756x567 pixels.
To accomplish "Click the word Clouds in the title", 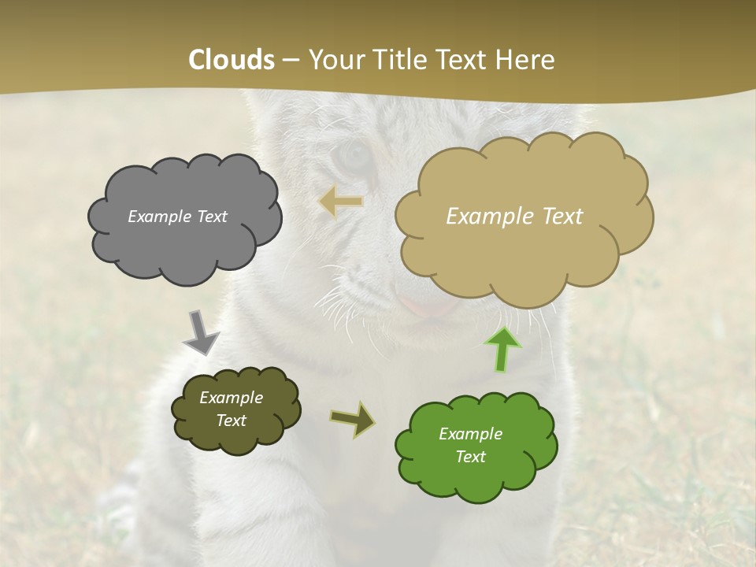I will [232, 60].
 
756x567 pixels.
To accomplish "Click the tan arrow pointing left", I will [341, 202].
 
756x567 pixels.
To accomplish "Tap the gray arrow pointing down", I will [200, 333].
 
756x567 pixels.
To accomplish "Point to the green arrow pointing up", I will [502, 349].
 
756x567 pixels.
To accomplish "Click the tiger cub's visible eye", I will [351, 156].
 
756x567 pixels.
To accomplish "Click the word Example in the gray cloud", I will [158, 217].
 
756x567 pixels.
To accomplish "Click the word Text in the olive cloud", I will [231, 421].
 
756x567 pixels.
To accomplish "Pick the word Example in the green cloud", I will [470, 434].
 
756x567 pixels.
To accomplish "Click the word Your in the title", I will [334, 60].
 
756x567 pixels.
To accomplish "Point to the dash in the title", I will [290, 61].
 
